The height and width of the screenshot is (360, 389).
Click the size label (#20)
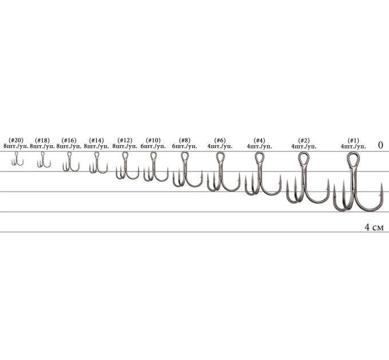[x=16, y=141]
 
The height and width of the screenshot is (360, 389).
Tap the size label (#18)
[x=42, y=141]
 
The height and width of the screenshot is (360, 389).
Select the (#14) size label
[x=96, y=141]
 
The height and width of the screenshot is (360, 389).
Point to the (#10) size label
[x=153, y=141]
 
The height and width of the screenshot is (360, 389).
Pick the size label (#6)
[x=220, y=141]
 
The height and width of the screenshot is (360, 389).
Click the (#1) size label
[x=354, y=141]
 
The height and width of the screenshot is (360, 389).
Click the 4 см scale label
[x=374, y=227]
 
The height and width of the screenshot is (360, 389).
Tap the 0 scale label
[x=380, y=145]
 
